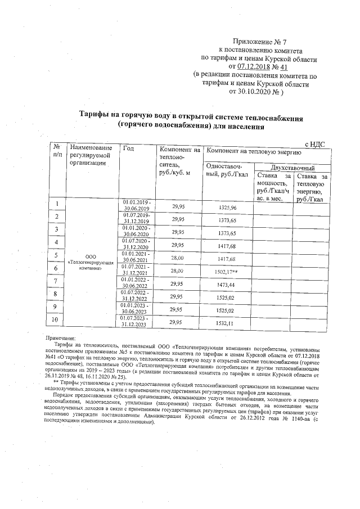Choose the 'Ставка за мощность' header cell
(272, 187)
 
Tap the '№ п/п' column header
(57, 150)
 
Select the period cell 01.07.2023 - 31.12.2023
(137, 321)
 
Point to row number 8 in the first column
(56, 294)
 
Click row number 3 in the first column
(56, 229)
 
